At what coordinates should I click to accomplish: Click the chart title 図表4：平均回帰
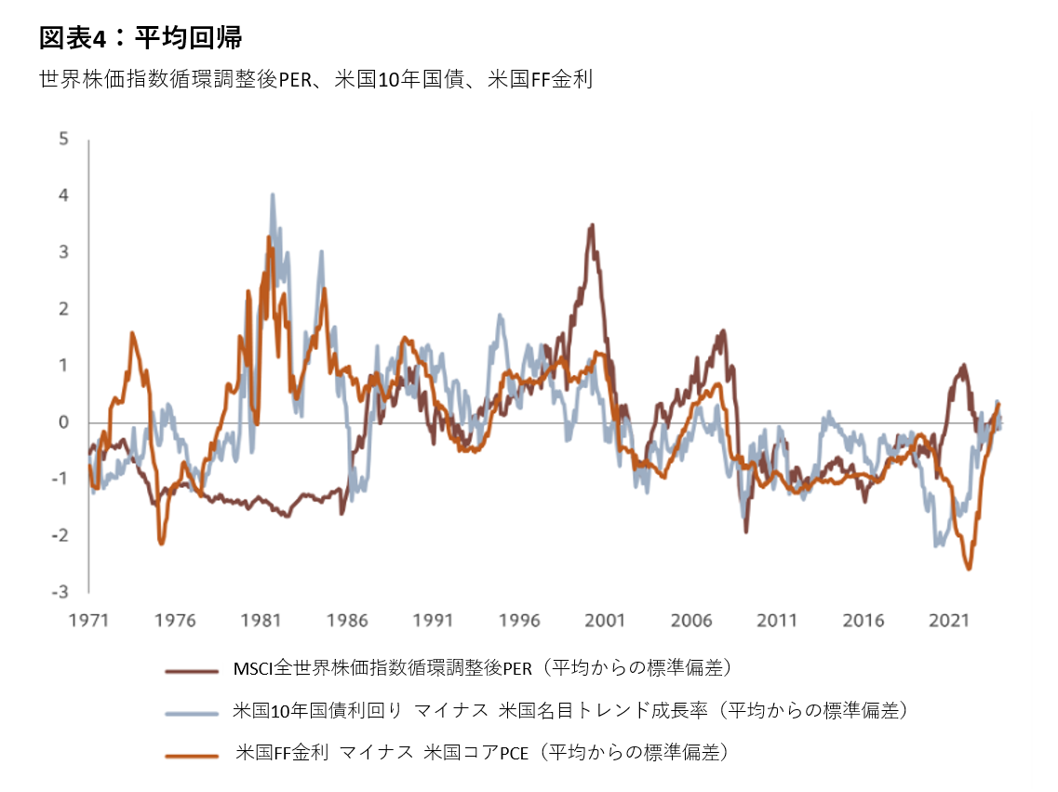point(141,38)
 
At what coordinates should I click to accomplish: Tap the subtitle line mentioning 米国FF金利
point(315,80)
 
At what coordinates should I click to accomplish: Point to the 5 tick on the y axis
point(63,140)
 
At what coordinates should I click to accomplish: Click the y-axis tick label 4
point(63,196)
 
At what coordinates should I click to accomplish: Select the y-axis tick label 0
point(63,423)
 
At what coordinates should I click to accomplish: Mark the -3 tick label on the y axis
point(60,592)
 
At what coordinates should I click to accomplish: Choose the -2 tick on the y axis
point(60,535)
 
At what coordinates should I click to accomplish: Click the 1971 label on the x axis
point(89,620)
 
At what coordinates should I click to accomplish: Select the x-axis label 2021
point(950,620)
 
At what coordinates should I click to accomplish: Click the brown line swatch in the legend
point(192,669)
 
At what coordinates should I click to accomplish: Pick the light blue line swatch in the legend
point(192,712)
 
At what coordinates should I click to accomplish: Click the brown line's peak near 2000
point(591,224)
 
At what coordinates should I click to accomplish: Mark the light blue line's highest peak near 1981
point(272,195)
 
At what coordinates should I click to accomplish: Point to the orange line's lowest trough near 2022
point(969,569)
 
